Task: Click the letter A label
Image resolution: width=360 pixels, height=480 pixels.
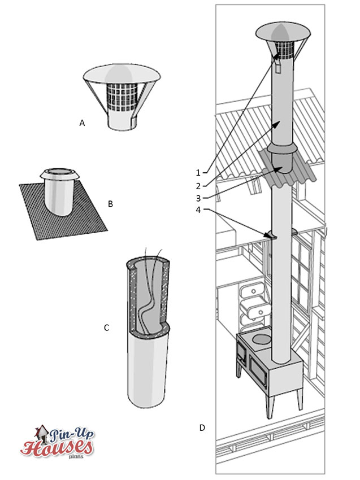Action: (82, 123)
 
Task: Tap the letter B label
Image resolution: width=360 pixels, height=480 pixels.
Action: (111, 204)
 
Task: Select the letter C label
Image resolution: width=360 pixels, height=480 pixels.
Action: (107, 328)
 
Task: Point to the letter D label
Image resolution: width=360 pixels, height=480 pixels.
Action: (202, 427)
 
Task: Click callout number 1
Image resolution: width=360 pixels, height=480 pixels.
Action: (198, 173)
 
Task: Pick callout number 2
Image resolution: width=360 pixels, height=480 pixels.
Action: (198, 186)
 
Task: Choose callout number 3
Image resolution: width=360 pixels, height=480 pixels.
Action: (198, 198)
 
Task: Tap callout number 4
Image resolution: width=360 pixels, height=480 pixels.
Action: (198, 210)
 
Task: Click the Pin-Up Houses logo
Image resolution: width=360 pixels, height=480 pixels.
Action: (57, 442)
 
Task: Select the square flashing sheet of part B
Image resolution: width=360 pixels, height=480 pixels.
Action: (63, 211)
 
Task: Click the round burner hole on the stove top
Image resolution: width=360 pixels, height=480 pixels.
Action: (260, 339)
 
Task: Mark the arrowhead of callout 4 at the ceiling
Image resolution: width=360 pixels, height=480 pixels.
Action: (267, 235)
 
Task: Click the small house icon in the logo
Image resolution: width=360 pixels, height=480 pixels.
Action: (42, 433)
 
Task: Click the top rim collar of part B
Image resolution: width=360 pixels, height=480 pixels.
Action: (60, 173)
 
